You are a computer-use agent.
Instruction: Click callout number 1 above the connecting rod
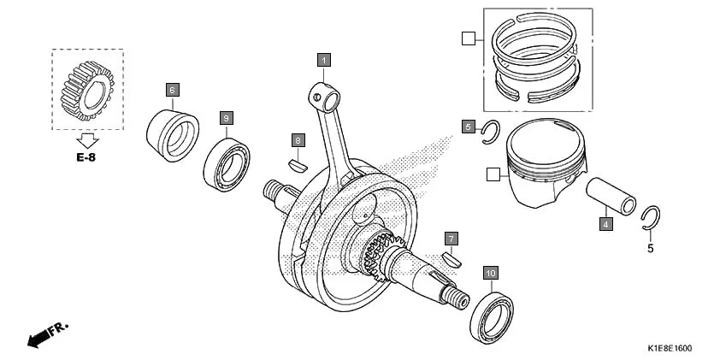(x=323, y=60)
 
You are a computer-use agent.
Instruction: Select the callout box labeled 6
(x=171, y=89)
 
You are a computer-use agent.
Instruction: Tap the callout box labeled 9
(x=226, y=117)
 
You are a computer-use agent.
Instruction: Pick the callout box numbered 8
(x=298, y=139)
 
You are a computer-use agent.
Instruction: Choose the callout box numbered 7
(x=451, y=238)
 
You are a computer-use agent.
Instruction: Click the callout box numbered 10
(x=490, y=273)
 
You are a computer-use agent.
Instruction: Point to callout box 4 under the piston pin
(x=605, y=224)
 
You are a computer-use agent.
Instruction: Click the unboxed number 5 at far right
(x=650, y=249)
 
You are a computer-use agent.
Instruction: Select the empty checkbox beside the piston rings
(x=467, y=38)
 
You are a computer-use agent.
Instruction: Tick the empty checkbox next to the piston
(x=492, y=174)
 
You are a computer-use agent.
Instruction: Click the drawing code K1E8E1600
(x=669, y=349)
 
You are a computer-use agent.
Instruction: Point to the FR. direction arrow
(x=47, y=334)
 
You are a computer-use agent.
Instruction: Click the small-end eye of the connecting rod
(x=322, y=96)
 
